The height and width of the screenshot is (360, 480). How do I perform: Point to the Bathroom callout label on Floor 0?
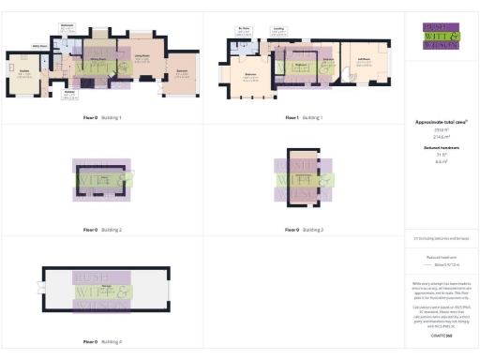click(x=67, y=24)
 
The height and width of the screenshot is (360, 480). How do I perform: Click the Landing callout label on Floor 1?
click(x=278, y=29)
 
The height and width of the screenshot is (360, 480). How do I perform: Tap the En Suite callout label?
click(x=244, y=29)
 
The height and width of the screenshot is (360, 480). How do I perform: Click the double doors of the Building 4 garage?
click(x=41, y=288)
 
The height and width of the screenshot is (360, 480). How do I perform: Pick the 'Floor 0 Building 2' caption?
click(x=102, y=230)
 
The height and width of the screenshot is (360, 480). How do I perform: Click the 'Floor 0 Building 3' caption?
click(x=304, y=230)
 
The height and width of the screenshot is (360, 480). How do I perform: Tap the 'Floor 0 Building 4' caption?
click(x=102, y=344)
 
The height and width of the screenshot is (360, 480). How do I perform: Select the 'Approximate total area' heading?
click(x=441, y=122)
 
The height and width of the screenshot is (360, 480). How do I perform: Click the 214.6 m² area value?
click(x=441, y=136)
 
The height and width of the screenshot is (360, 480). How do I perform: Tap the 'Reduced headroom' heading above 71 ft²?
click(x=441, y=148)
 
